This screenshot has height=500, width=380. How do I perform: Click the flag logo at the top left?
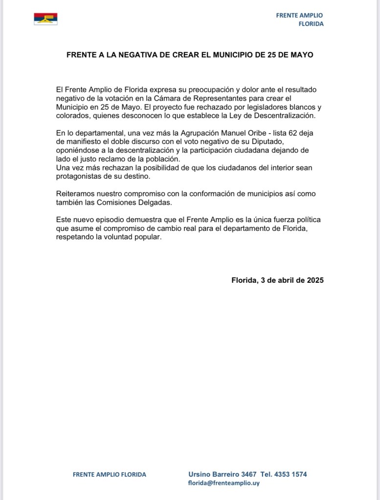(x=45, y=19)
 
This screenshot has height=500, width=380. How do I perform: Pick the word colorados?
(x=72, y=116)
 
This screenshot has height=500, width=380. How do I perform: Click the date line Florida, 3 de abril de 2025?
(x=277, y=280)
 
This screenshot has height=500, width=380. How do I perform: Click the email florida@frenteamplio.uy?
(x=224, y=483)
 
